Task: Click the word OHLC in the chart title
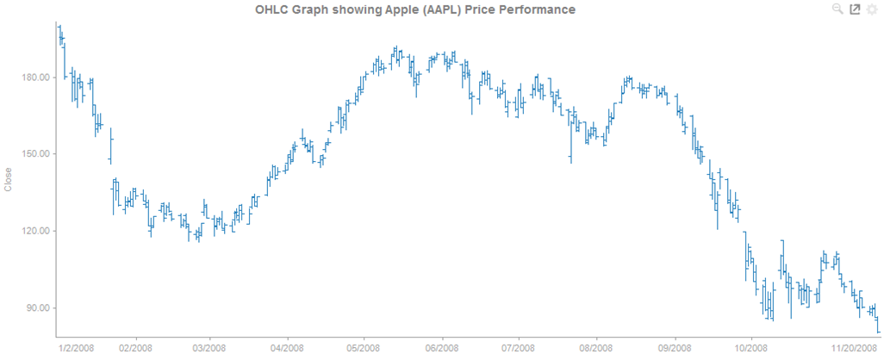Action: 274,9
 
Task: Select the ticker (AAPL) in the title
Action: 438,9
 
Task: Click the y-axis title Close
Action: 9,179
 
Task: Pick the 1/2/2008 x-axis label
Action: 76,348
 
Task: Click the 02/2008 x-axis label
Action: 135,348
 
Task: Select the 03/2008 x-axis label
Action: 209,348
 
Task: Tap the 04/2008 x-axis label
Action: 286,348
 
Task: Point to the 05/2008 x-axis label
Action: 363,348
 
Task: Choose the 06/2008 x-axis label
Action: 442,348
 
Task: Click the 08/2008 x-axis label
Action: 596,348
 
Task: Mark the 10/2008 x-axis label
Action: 751,348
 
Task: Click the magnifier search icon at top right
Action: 837,9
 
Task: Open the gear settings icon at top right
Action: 871,9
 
